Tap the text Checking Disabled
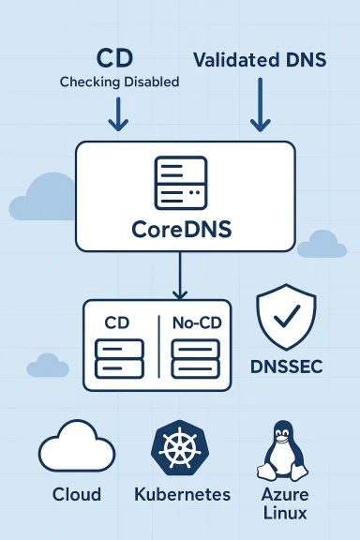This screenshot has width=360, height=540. click(119, 82)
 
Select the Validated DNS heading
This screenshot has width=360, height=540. click(260, 60)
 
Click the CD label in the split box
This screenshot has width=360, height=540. click(118, 322)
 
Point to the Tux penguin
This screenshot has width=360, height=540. click(283, 451)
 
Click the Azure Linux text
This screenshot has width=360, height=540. click(283, 503)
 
